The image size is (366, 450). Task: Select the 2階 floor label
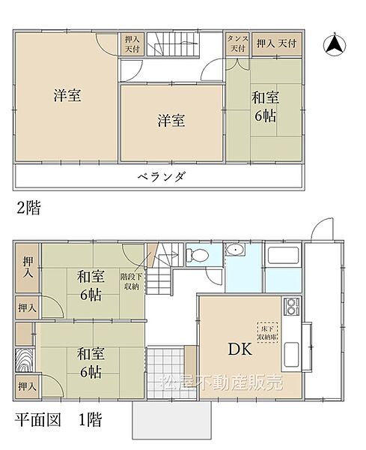coord(28,208)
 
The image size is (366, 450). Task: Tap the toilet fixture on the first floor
coord(198,254)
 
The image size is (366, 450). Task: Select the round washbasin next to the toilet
coord(236,250)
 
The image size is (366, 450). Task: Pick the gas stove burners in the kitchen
coord(290,307)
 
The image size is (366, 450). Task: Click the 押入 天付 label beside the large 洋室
coord(132,43)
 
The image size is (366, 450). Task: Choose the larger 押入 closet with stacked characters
coord(28,268)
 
